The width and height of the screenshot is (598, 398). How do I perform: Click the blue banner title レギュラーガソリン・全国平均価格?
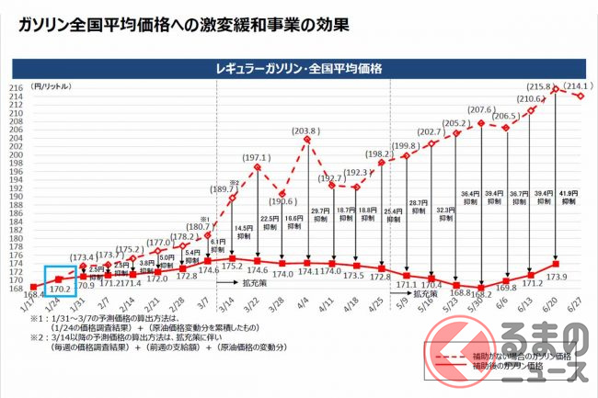click(x=299, y=68)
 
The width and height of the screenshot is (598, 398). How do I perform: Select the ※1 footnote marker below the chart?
click(x=34, y=319)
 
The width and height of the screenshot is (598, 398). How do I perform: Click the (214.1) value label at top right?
click(x=575, y=86)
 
